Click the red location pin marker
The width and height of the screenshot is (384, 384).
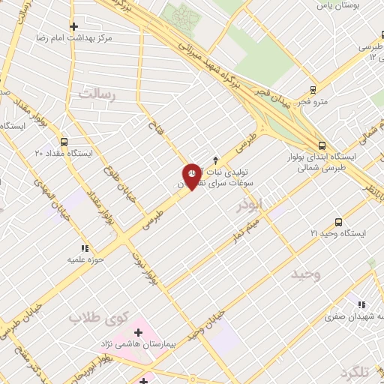point(192,175)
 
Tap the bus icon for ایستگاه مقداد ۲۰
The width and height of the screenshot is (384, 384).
point(63,140)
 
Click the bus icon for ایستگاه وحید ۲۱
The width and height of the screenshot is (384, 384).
point(338,222)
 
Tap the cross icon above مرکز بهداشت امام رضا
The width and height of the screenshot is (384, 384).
point(73,26)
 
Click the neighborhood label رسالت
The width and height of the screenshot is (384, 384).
point(98,94)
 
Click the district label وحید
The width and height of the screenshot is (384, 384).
point(305,274)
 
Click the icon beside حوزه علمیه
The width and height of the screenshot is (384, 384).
point(85,248)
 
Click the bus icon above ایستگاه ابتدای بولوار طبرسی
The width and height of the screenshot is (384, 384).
point(322,145)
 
